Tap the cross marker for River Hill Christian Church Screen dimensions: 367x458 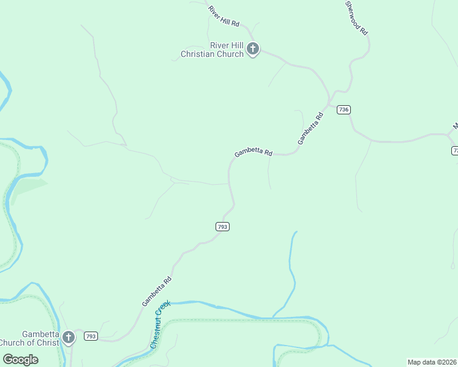(253, 49)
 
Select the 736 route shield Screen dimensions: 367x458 (343, 109)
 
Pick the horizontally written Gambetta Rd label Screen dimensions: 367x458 (253, 153)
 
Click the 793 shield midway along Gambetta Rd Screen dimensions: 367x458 (222, 226)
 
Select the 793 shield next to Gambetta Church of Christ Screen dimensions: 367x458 (91, 336)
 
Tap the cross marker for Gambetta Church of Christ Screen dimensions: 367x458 (69, 336)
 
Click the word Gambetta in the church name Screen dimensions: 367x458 (41, 334)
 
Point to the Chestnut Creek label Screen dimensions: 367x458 (159, 324)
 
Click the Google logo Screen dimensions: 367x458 (20, 360)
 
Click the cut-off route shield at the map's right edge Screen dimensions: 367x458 (454, 150)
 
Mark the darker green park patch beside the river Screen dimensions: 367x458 (27, 187)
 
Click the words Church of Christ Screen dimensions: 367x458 (31, 343)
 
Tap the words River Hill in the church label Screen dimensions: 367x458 (227, 45)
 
